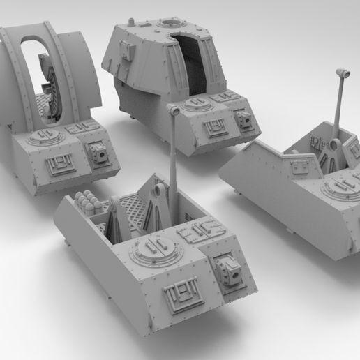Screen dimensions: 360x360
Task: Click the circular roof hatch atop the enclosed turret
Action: click(x=167, y=24)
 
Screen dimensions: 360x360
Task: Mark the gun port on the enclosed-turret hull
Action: click(x=246, y=121)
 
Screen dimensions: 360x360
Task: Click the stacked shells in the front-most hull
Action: click(x=85, y=204)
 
